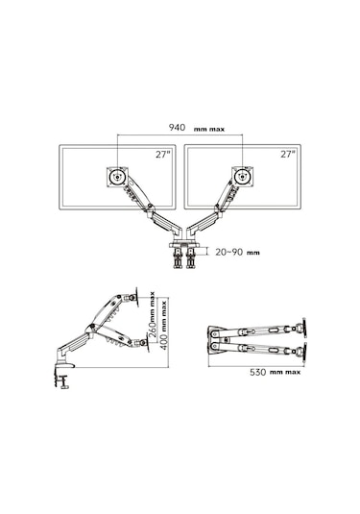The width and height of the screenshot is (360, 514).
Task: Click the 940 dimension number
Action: (177, 127)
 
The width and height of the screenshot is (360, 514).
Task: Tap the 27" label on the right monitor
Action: (288, 154)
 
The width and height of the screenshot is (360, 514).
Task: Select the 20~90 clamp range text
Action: (229, 252)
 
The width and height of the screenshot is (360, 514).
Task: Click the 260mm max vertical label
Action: (152, 314)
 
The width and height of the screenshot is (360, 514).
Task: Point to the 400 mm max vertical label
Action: (164, 325)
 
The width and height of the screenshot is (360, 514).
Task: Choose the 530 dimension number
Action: (258, 372)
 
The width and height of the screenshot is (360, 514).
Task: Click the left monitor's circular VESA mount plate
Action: (117, 177)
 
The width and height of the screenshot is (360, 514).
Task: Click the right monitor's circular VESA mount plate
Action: (243, 177)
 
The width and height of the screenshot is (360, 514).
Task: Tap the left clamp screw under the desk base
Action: (178, 258)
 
